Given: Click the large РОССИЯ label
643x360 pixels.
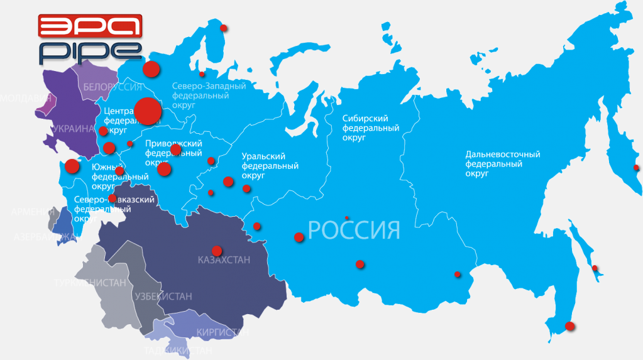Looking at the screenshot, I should [354, 230].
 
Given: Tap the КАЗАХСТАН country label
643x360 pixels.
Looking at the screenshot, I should [224, 260].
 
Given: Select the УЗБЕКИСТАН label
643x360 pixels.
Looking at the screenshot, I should [163, 296].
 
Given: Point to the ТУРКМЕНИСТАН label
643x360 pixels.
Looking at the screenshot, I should [90, 283].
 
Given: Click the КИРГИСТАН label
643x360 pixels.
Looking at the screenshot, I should [218, 332].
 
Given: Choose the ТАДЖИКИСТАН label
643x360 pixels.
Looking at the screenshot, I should [178, 351].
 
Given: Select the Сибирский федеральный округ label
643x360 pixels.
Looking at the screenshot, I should [371, 128].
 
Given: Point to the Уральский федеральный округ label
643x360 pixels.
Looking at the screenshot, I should [270, 166].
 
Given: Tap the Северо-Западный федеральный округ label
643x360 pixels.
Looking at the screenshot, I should [209, 96].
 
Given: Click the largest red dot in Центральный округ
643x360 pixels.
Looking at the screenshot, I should [148, 112].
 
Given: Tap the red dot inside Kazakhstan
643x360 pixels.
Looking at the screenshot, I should [217, 250].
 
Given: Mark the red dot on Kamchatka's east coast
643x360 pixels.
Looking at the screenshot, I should [636, 168].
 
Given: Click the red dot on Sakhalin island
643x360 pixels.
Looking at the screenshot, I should [595, 268].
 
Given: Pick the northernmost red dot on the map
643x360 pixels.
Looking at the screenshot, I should [223, 28].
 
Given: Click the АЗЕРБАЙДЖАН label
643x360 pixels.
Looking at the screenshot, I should [44, 237].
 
